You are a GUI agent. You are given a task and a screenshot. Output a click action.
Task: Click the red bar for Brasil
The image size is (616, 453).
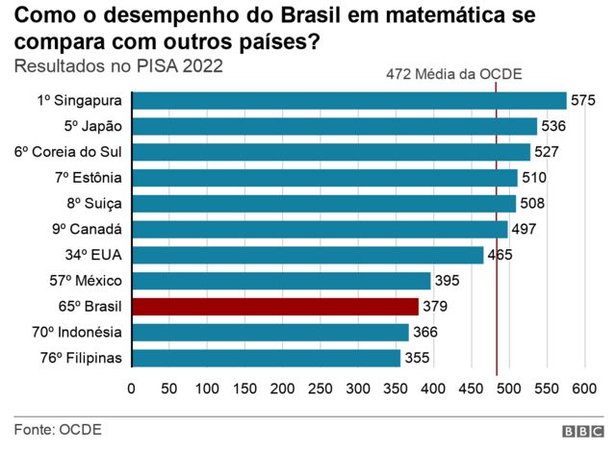click(275, 307)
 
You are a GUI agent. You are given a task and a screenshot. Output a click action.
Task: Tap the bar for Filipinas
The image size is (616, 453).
click(266, 358)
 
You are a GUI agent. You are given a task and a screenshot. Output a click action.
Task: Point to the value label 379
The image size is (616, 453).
click(435, 307)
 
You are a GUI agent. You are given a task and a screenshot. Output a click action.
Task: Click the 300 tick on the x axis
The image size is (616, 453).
click(358, 389)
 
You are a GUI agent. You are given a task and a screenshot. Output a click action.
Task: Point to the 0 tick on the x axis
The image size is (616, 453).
click(132, 389)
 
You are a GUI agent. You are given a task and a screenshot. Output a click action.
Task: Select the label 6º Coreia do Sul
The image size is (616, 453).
click(68, 152)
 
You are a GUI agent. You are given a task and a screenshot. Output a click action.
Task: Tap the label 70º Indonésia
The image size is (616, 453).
click(76, 333)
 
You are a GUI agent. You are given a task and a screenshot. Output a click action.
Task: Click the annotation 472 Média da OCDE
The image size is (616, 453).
click(441, 73)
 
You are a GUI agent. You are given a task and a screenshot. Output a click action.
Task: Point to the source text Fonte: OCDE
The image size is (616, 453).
click(58, 429)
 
